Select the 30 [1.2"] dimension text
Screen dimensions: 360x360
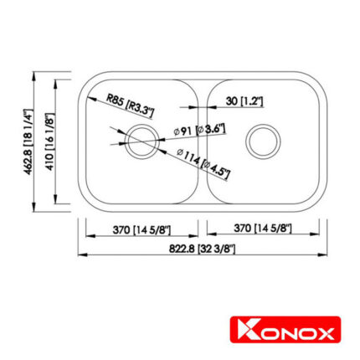click(245, 101)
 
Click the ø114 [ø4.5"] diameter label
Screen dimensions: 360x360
click(203, 158)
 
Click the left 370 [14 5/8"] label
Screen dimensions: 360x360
click(140, 229)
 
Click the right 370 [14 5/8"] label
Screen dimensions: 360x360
click(262, 229)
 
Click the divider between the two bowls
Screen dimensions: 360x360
click(202, 142)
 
